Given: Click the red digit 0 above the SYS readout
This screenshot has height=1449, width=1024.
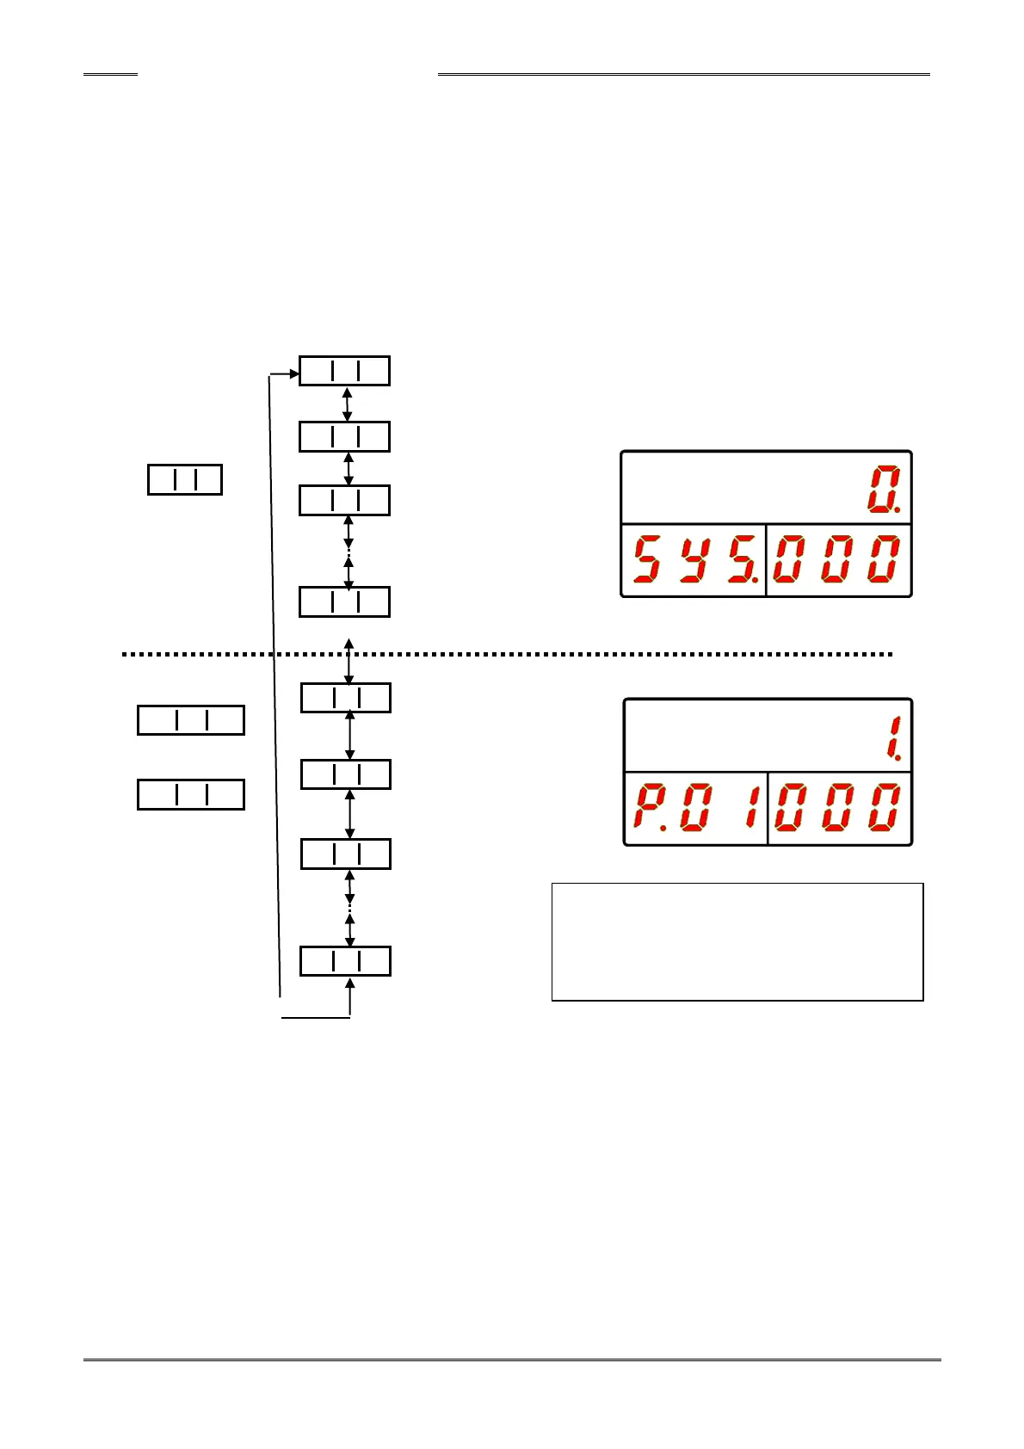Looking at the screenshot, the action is [884, 490].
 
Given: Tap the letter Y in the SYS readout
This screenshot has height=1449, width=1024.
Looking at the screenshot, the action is [693, 558].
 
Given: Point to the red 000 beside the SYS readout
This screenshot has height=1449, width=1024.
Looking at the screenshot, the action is [837, 558].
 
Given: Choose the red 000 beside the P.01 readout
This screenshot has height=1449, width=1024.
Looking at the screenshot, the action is [838, 807].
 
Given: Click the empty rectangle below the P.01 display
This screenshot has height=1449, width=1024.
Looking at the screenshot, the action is [737, 940].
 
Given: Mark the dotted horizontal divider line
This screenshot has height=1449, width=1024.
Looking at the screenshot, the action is [508, 654].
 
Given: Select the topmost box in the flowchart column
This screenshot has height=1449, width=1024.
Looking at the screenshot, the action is [344, 371].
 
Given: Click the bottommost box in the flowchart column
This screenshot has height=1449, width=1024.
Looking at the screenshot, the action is [345, 960].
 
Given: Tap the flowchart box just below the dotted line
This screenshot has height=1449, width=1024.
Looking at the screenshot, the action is [345, 698].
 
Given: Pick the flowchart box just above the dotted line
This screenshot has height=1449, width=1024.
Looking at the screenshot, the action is [344, 601].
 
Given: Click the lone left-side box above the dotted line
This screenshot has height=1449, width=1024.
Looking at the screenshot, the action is [185, 479].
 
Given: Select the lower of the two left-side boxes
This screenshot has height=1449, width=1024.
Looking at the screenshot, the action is [191, 794].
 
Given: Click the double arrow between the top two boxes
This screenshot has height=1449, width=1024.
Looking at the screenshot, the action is [348, 404].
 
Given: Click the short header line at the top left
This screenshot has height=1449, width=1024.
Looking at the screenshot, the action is [110, 75].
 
